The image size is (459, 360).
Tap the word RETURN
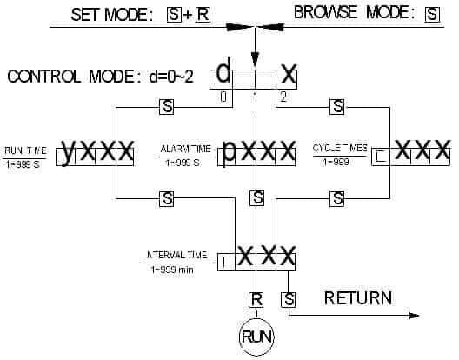(357, 299)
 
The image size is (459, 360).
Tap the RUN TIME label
(26, 150)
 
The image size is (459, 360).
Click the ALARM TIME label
(185, 150)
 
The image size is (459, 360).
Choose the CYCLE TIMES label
(339, 149)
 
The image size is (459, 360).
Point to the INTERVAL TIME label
(176, 256)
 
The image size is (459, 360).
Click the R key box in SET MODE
(203, 14)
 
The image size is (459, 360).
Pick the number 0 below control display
(223, 97)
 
